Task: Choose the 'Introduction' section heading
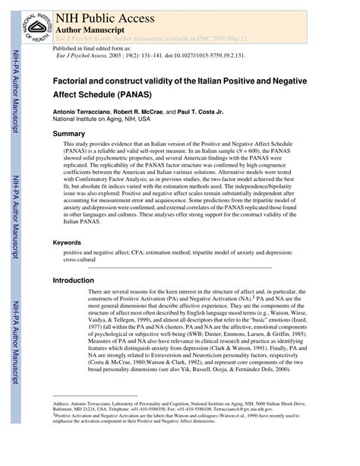tap(73, 281)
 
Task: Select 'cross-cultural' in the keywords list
tap(84, 258)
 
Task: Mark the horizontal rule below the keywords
tap(180, 268)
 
